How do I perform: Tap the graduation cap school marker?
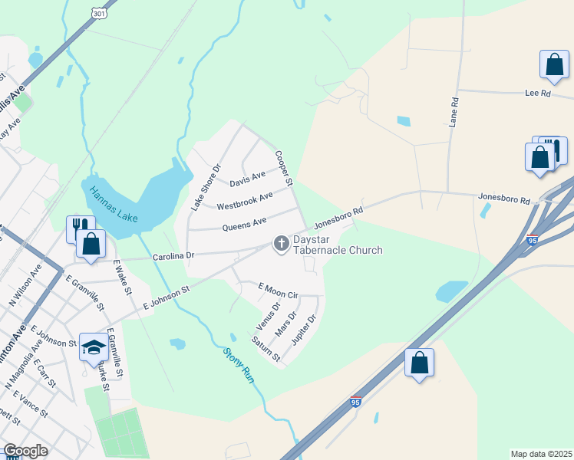[94, 347]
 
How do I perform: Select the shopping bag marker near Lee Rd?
[554, 67]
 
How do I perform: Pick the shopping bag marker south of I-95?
[419, 363]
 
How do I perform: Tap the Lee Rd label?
[538, 93]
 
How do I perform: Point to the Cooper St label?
[283, 168]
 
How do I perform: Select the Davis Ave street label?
[247, 180]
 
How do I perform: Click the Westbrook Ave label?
[245, 202]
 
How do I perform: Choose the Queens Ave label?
[244, 223]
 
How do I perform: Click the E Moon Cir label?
[278, 290]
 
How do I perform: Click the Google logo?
[25, 451]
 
